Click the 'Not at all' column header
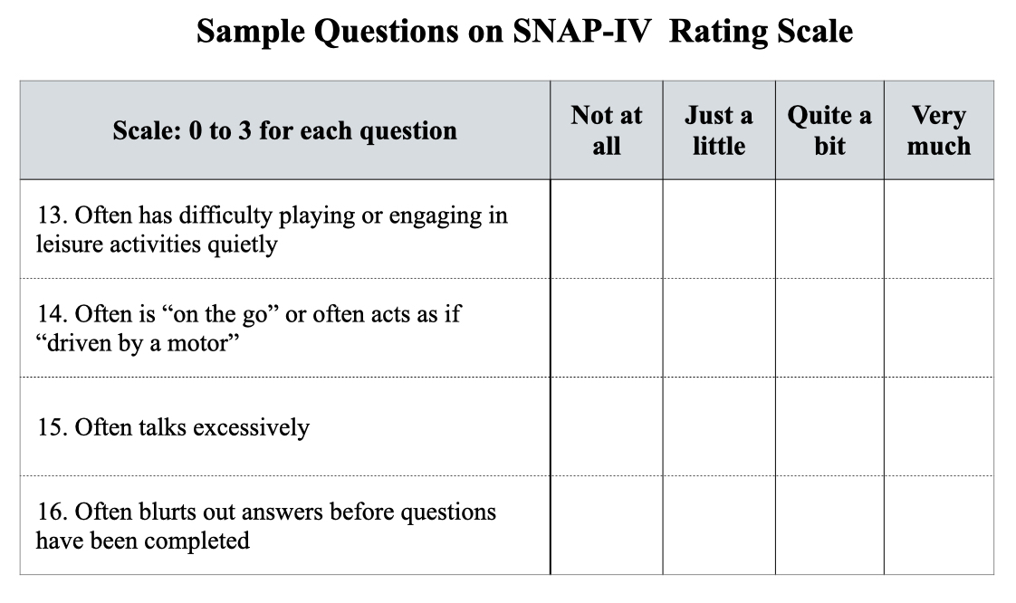pos(607,130)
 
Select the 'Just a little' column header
pos(719,130)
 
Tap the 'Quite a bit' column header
pos(829,130)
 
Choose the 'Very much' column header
pos(939,130)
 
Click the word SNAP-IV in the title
pos(582,31)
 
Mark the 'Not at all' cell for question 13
pos(607,229)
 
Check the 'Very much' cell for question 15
pos(939,426)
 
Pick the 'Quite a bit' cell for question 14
pos(829,328)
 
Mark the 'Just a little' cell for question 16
pos(719,525)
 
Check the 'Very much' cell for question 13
pos(939,229)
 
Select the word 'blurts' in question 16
pos(167,512)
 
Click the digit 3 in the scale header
pos(244,131)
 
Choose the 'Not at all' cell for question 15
pos(607,426)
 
